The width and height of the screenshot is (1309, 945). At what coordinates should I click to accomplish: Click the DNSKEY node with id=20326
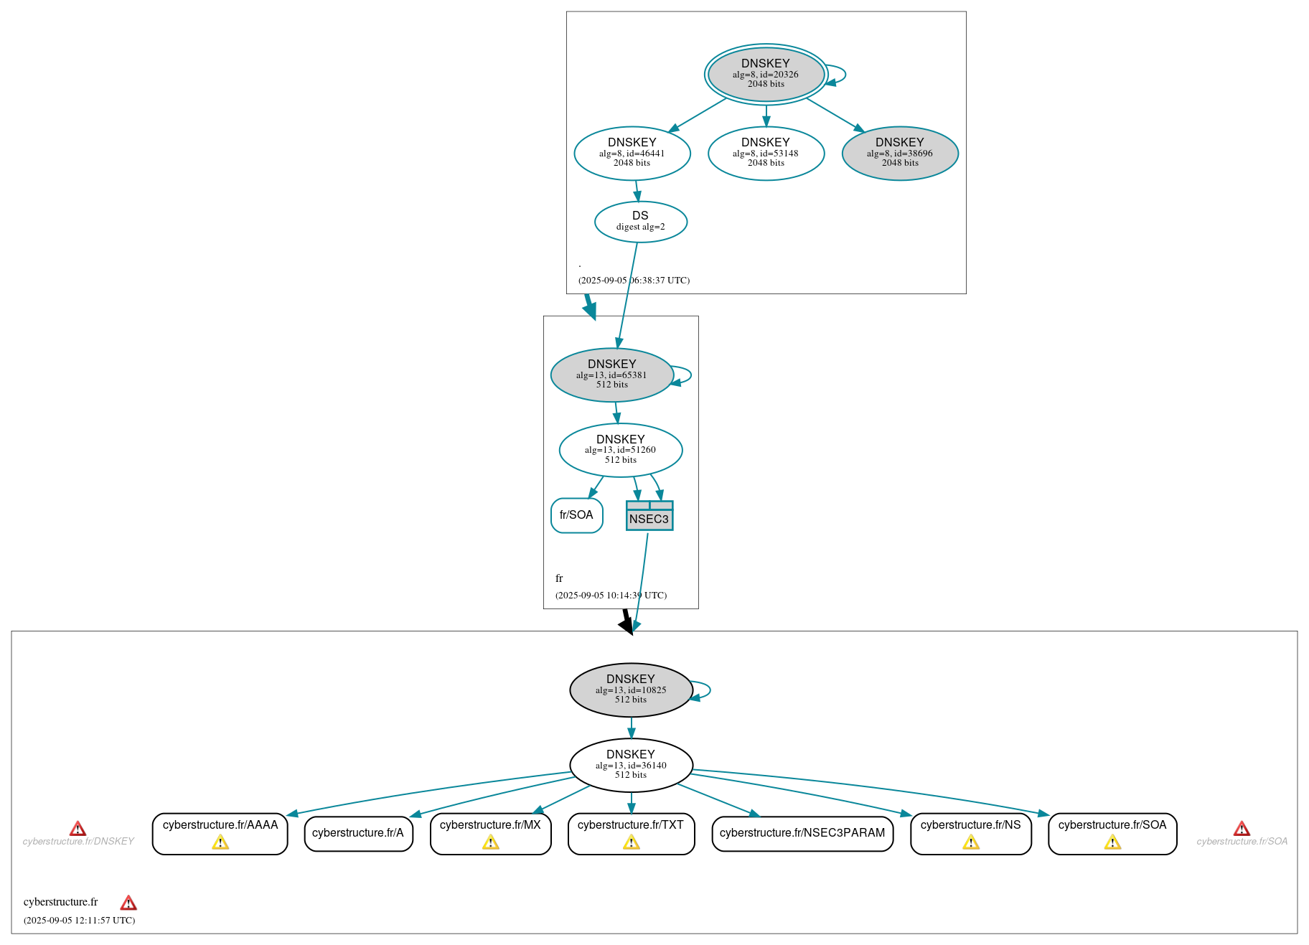tap(766, 74)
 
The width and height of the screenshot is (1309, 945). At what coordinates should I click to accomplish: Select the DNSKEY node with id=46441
tap(632, 153)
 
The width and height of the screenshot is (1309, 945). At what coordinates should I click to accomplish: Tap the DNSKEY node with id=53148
tap(766, 153)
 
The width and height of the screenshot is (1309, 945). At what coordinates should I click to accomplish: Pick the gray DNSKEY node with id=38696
tap(899, 153)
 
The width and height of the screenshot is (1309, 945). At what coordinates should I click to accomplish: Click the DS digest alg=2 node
tap(640, 221)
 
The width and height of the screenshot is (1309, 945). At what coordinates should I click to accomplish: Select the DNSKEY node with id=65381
tap(611, 375)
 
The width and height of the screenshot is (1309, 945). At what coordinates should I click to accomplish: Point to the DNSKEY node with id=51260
tap(620, 450)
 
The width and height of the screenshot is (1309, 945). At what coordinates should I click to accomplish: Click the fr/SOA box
tap(576, 515)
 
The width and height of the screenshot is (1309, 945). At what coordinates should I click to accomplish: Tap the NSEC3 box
tap(649, 516)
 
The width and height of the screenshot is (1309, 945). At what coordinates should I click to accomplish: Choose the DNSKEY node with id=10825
tap(630, 690)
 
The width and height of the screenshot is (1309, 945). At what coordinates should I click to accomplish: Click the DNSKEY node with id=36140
tap(630, 765)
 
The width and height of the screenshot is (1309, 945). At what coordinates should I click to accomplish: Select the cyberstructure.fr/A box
tap(357, 833)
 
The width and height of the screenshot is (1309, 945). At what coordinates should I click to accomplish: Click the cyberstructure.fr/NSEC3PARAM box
tap(802, 833)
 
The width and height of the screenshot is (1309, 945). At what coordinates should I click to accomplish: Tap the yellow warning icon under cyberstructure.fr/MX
tap(490, 842)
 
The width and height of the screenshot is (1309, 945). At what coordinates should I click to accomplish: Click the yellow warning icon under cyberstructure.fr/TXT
tap(631, 842)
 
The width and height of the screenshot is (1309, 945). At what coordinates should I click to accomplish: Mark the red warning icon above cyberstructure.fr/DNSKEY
tap(78, 829)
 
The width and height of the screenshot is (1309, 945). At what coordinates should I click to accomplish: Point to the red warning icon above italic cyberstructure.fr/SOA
tap(1241, 829)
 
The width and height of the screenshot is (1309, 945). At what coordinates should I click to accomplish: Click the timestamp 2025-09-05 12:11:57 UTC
tap(79, 921)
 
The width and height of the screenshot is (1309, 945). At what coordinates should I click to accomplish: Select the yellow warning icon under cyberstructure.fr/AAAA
tap(220, 842)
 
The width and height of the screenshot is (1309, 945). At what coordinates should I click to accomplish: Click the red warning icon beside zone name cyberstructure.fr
tap(128, 903)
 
